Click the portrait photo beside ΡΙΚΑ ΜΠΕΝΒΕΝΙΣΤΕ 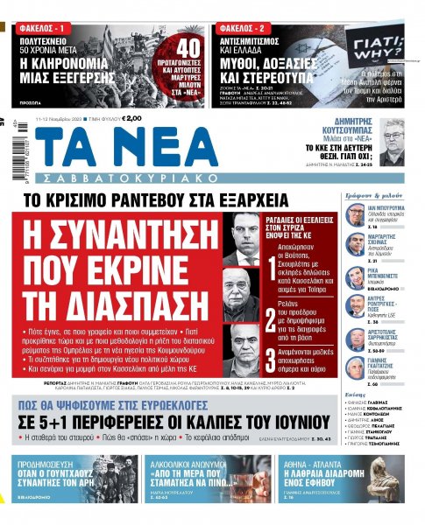click(x=356, y=276)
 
